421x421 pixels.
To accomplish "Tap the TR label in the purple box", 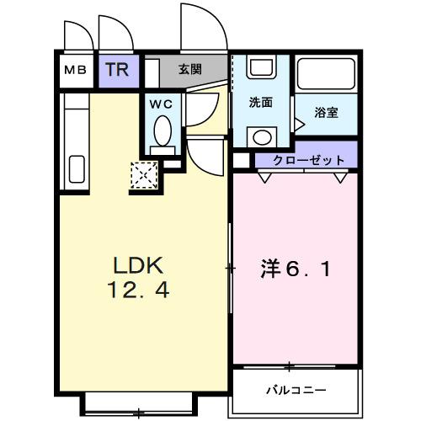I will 117,69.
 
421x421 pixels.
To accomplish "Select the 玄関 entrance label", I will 189,70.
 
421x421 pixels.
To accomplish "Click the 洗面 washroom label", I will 261,103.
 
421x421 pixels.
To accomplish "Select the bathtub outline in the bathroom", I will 328,77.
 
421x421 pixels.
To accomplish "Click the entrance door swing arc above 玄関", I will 202,29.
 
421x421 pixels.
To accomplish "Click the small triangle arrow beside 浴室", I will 298,125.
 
